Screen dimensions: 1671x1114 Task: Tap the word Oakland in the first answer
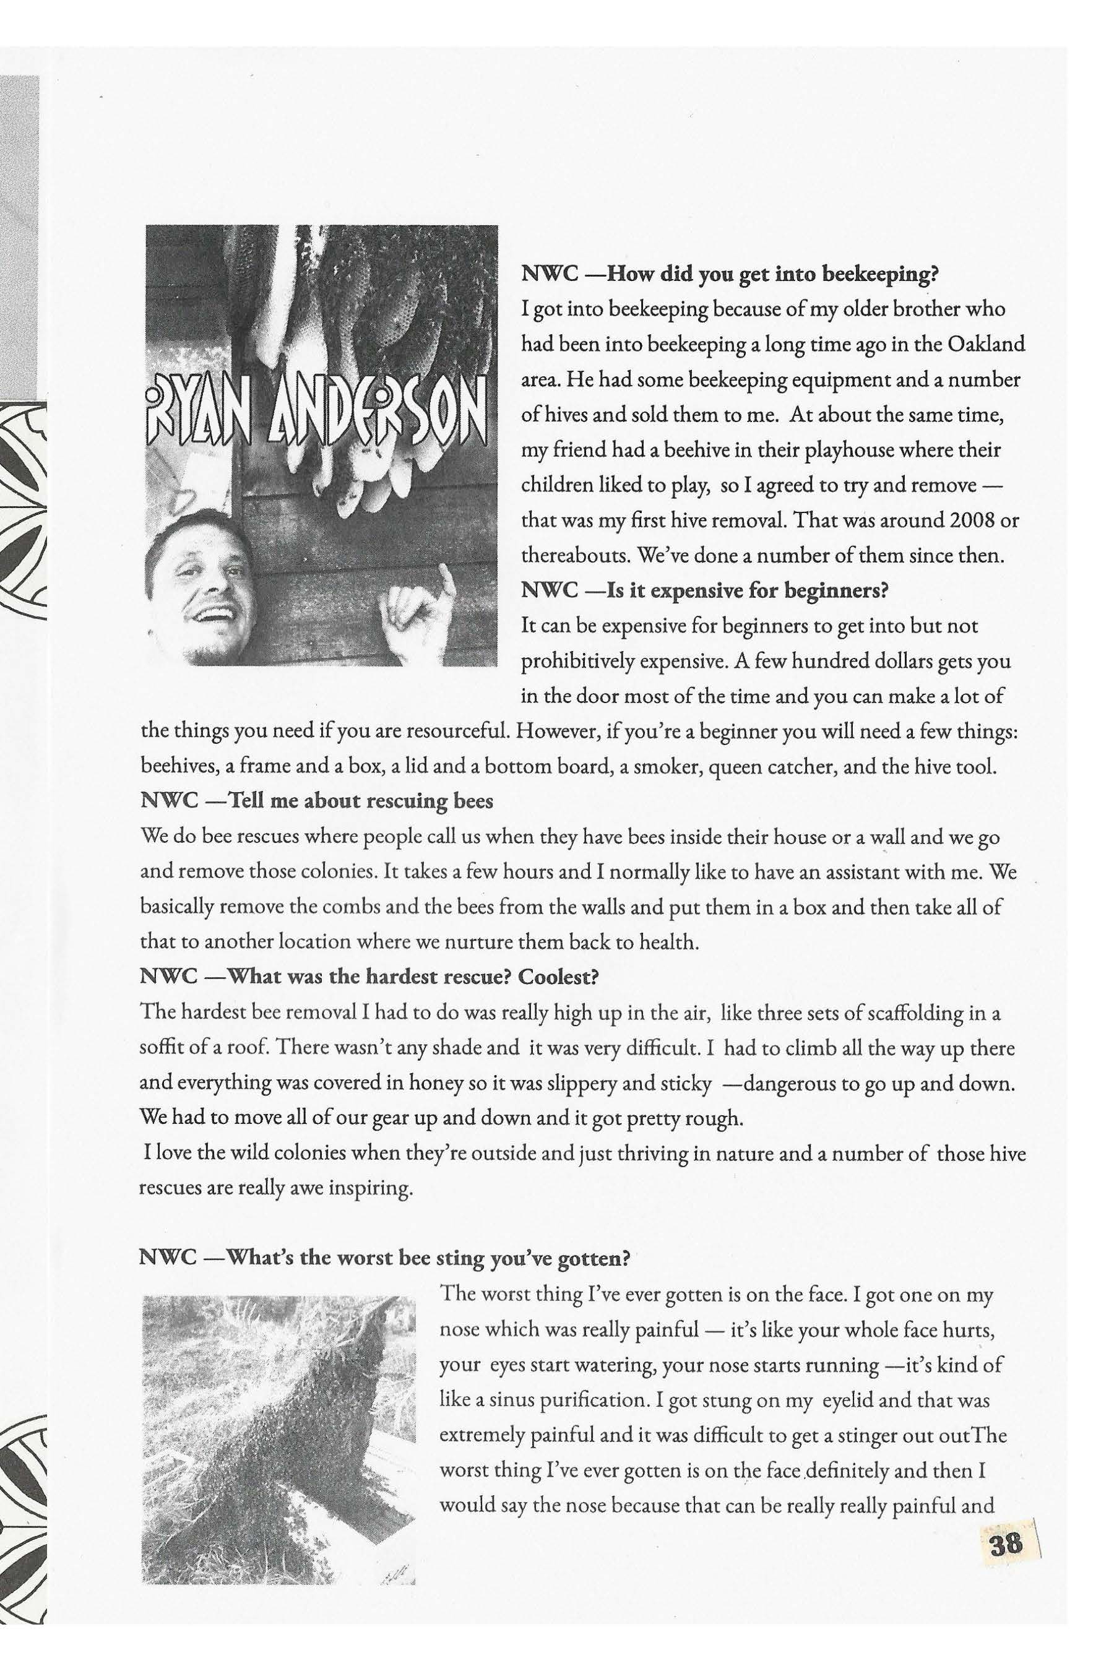tap(986, 345)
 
